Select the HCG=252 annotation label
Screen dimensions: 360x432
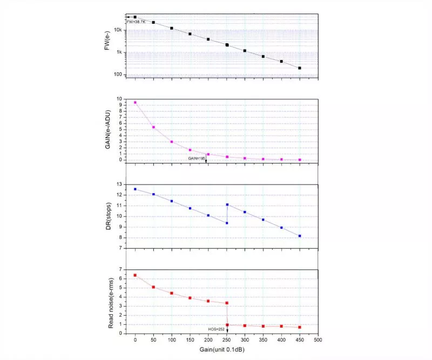[x=217, y=329]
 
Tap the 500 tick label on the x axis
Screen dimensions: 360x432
[x=318, y=341]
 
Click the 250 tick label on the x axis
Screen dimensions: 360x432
[x=227, y=341]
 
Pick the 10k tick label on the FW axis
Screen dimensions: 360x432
[x=118, y=30]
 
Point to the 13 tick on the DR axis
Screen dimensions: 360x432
[x=119, y=185]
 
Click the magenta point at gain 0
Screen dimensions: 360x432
[x=135, y=103]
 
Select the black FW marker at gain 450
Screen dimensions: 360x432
[x=300, y=68]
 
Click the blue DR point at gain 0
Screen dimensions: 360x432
[x=135, y=189]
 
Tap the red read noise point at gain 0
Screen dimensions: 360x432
[x=135, y=275]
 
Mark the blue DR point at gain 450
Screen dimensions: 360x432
[x=300, y=236]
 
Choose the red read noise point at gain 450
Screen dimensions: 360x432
[x=300, y=327]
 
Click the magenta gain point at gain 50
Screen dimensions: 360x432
[x=153, y=127]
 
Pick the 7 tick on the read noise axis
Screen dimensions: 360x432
[x=121, y=269]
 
